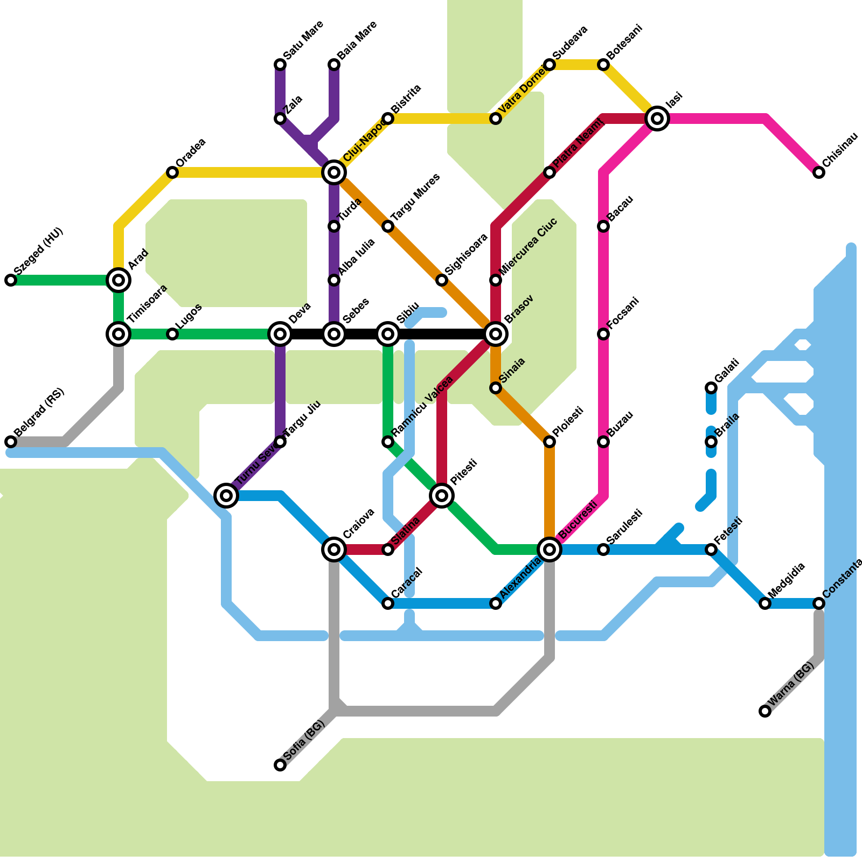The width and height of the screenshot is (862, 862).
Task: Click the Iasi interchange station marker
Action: click(x=657, y=119)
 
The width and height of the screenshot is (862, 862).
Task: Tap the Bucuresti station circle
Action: click(x=550, y=550)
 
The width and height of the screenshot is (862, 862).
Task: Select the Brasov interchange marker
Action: click(x=496, y=334)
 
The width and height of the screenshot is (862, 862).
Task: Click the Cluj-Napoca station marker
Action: click(x=334, y=172)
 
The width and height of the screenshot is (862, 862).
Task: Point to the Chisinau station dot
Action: click(x=819, y=172)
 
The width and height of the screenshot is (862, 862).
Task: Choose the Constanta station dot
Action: click(x=819, y=603)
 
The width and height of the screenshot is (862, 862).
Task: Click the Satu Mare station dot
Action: click(x=280, y=65)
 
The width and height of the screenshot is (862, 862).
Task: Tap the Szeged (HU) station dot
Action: click(x=11, y=280)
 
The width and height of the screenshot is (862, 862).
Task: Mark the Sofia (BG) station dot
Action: click(x=280, y=765)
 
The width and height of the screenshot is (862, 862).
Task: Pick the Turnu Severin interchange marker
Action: click(x=226, y=496)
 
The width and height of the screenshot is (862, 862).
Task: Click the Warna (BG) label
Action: click(x=791, y=684)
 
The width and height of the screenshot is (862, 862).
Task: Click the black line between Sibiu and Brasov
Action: click(x=442, y=334)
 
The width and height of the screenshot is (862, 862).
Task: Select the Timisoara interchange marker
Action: click(x=119, y=334)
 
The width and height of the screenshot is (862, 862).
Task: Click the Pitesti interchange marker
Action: click(x=442, y=496)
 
